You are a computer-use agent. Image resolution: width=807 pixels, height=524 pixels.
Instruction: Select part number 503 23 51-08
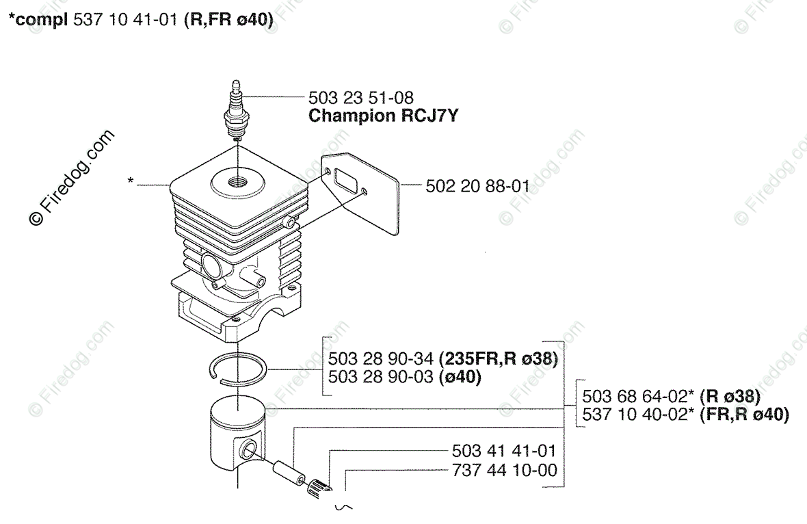click(x=360, y=99)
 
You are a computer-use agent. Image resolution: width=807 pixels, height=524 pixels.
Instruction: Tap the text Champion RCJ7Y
click(x=383, y=116)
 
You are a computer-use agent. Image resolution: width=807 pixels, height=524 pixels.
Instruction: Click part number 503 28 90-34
click(x=381, y=358)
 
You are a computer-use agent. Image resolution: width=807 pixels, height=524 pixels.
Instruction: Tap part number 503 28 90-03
click(x=381, y=376)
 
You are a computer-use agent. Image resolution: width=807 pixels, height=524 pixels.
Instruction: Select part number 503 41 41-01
click(x=504, y=451)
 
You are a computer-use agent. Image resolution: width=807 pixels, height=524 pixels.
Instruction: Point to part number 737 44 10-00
click(x=504, y=470)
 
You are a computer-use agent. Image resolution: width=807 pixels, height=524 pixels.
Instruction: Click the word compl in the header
click(x=40, y=21)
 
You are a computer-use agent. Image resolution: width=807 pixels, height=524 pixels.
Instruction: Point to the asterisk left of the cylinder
click(x=130, y=181)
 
